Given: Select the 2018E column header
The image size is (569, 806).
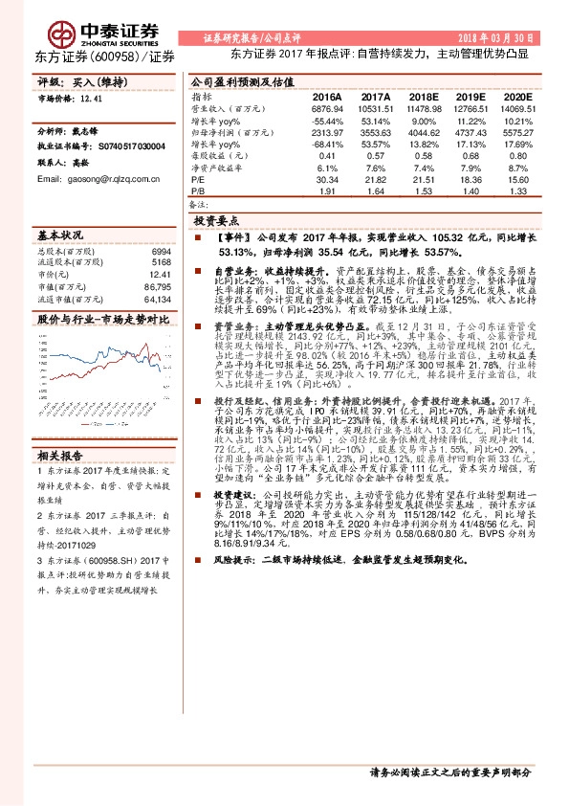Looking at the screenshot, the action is tap(422, 98).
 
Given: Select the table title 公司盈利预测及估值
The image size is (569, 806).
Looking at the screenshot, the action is tap(234, 82).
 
